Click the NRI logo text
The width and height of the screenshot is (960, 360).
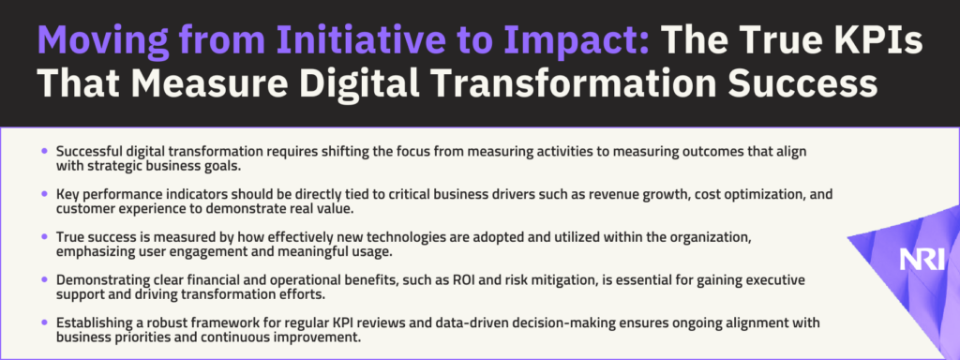pos(922,259)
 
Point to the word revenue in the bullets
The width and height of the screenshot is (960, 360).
pos(534,194)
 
